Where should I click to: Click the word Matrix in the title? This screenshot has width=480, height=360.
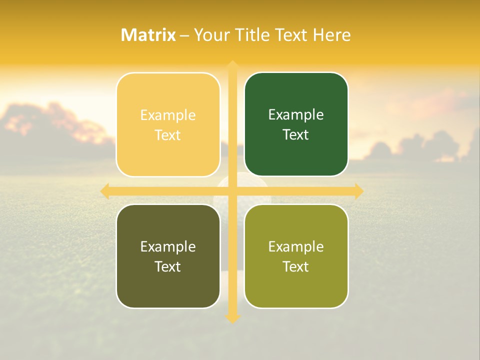coord(148,35)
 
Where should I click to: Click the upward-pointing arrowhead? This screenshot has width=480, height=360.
coord(232,65)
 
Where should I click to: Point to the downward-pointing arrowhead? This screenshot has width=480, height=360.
coord(232,318)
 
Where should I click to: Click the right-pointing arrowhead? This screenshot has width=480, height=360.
coord(359,191)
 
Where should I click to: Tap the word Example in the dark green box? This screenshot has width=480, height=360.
coord(296,114)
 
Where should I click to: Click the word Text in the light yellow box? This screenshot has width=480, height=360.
coord(168,135)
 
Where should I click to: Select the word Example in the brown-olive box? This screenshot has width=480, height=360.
coord(168,246)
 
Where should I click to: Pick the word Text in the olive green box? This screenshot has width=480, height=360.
coord(296,266)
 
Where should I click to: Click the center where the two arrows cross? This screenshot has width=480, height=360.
coord(232,191)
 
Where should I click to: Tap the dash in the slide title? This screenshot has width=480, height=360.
coord(184,35)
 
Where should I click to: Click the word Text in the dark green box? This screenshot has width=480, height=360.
coord(296,134)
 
